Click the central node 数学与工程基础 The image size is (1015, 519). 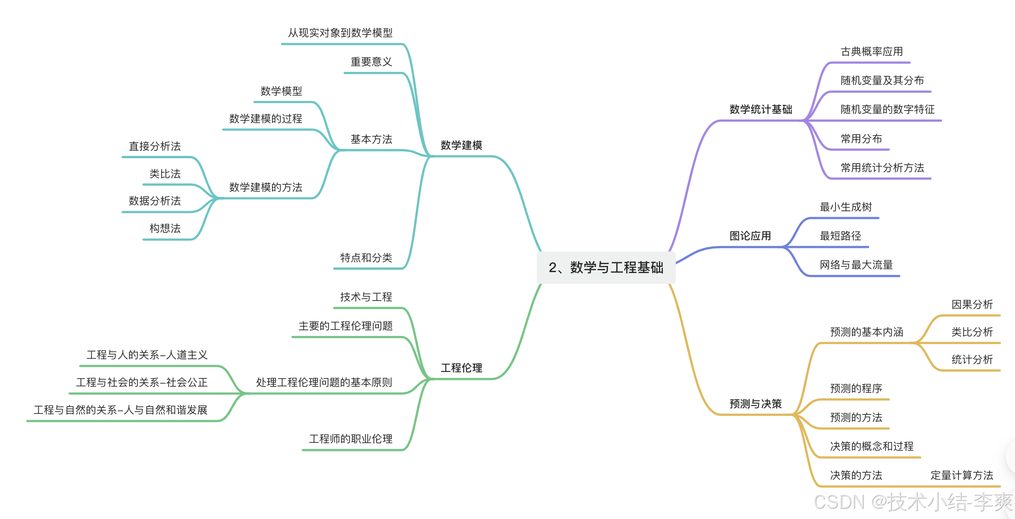point(606,267)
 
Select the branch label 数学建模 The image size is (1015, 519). point(461,145)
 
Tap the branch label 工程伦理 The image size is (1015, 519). point(461,368)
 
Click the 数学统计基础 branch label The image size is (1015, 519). point(760,109)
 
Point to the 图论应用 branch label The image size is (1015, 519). point(750,236)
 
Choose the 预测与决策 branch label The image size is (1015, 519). point(755,404)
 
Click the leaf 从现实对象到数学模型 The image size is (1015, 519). point(340,33)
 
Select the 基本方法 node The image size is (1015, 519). point(371,139)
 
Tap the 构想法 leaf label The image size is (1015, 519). point(165,228)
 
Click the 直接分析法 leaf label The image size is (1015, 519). point(155,146)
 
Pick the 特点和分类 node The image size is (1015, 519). point(366,258)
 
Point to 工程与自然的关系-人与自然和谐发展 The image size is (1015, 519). point(120,410)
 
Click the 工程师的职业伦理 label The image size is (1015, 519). point(350,439)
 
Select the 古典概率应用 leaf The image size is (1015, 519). point(872,51)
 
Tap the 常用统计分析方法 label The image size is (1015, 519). point(882,168)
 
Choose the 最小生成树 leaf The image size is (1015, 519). point(845,207)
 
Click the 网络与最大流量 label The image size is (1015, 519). point(856,265)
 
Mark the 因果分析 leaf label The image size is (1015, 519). point(972,304)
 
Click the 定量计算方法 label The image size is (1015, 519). point(962,475)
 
